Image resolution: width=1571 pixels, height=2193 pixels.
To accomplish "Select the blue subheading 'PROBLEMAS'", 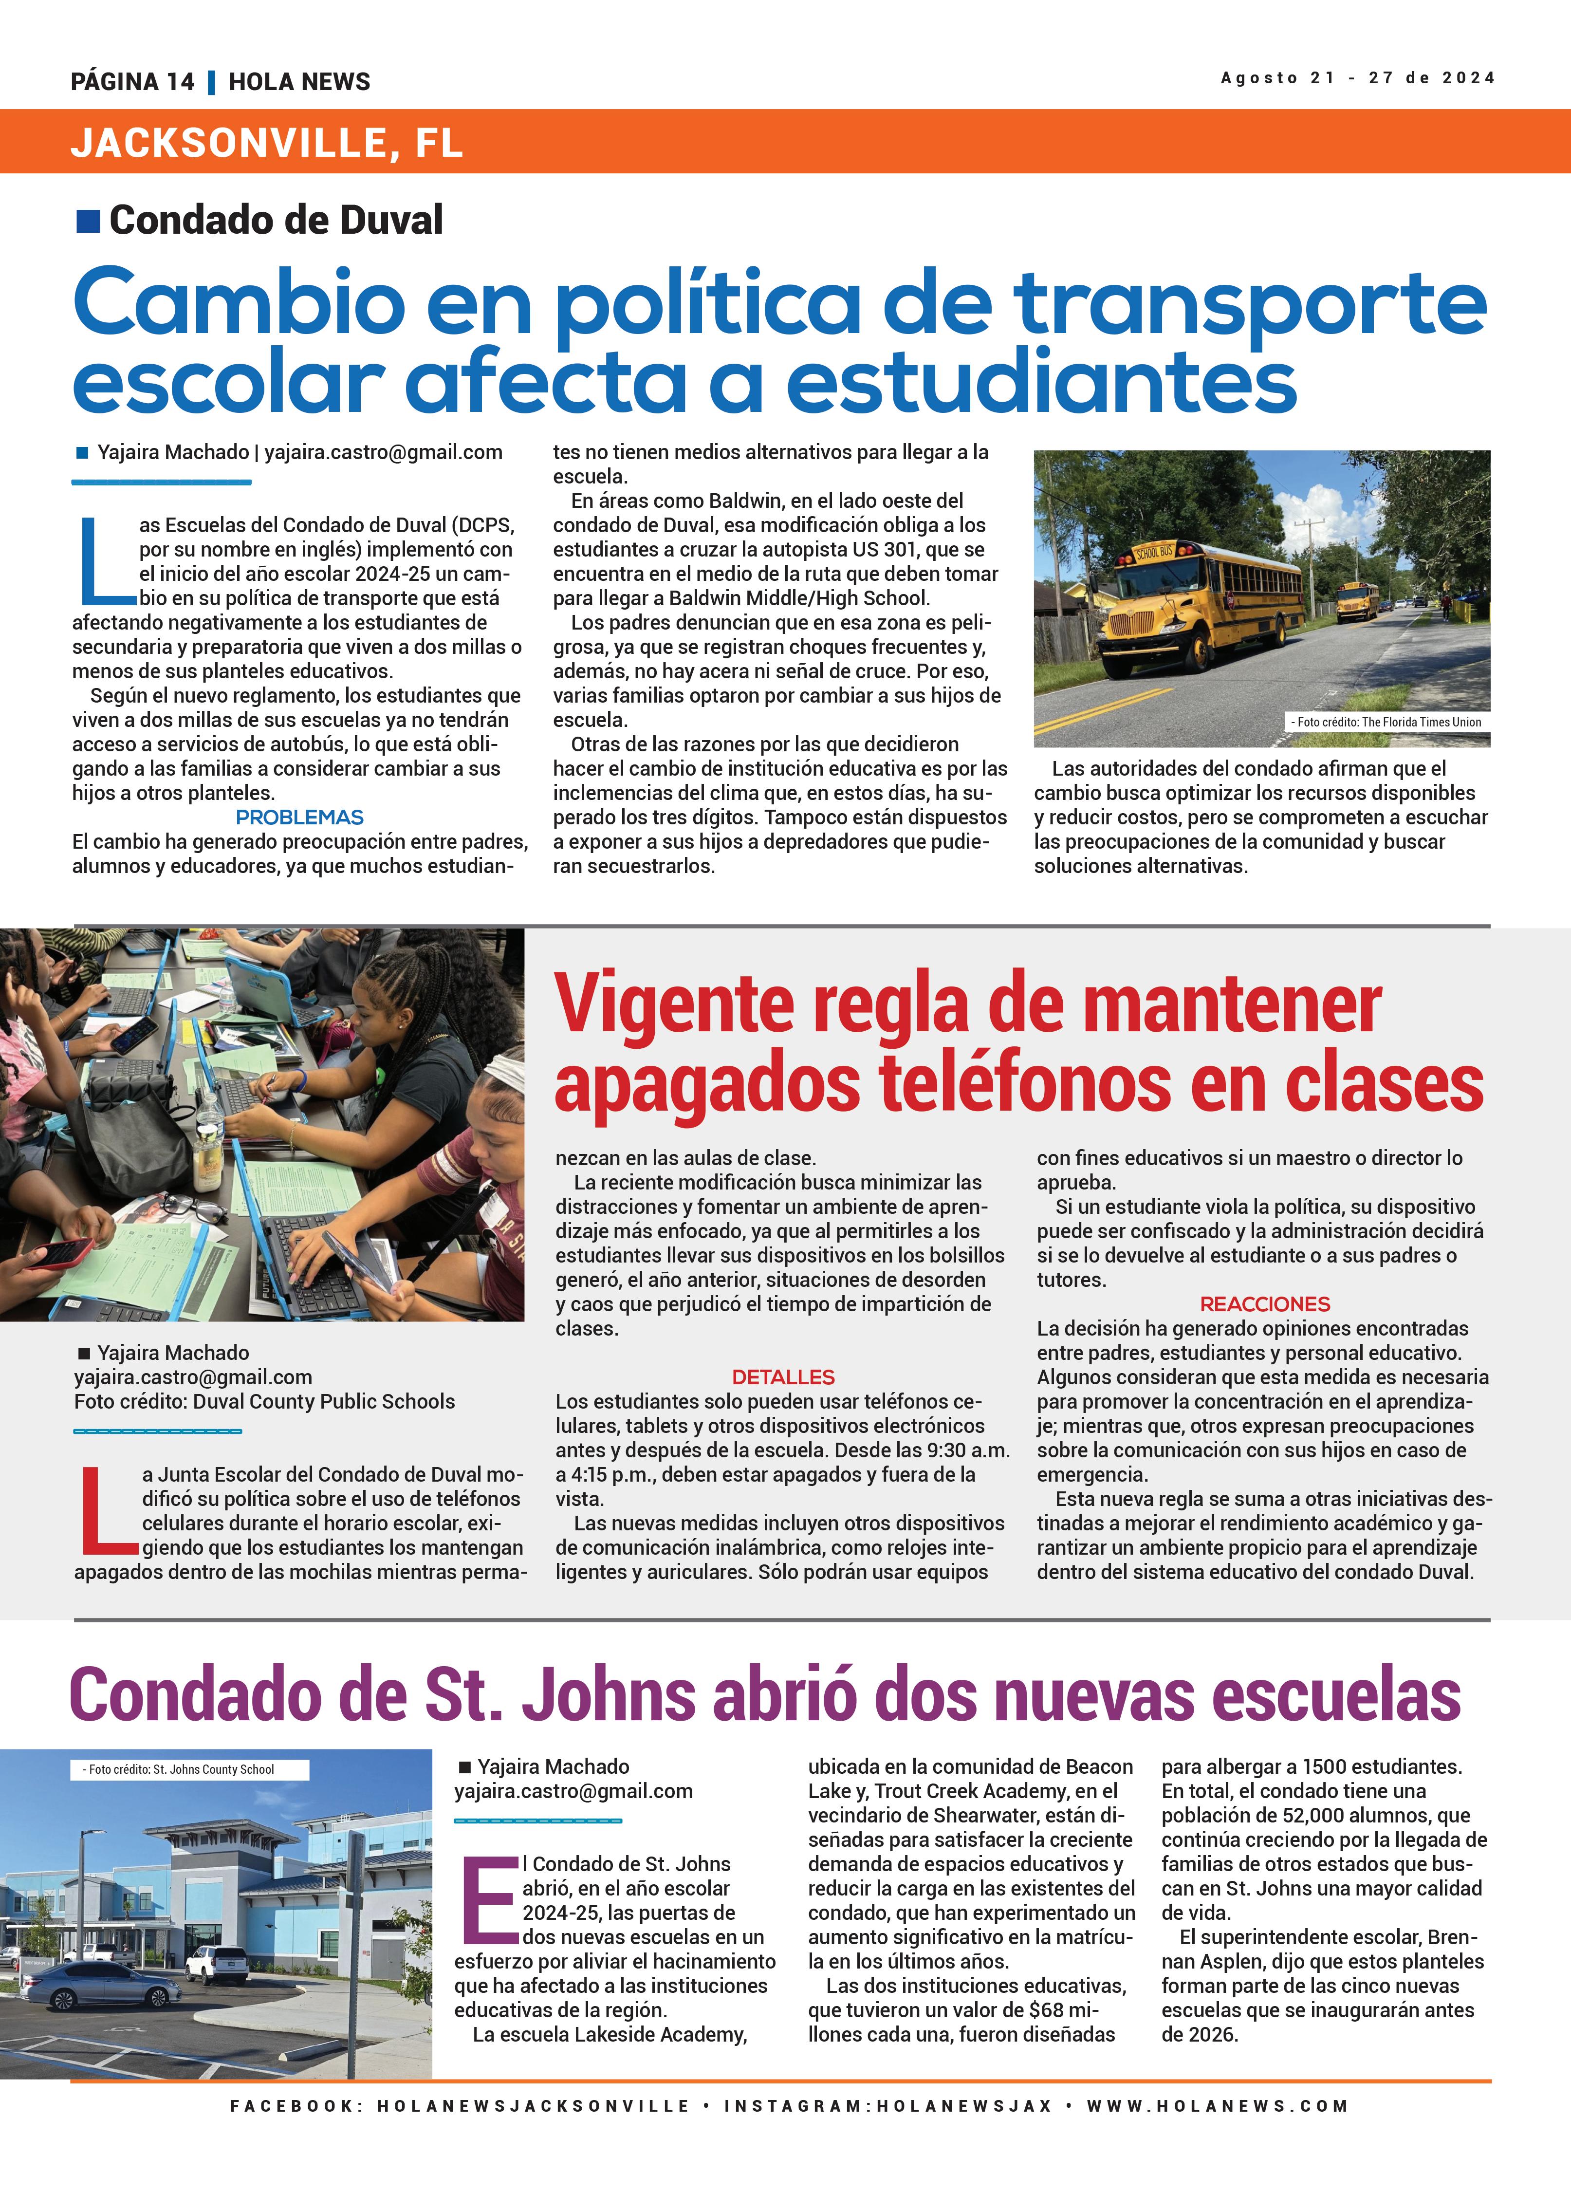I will click(300, 817).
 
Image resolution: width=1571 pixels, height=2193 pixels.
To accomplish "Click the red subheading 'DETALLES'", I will click(783, 1377).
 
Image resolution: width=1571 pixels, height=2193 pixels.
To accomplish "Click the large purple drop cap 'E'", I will click(490, 1900).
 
